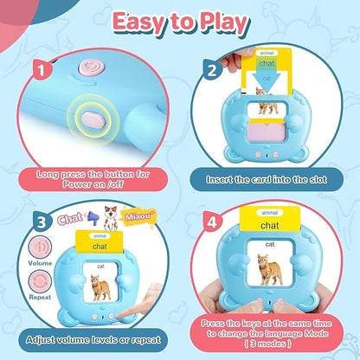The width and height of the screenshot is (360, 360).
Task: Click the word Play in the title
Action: (x=224, y=24)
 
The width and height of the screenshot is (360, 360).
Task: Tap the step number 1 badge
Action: (x=42, y=70)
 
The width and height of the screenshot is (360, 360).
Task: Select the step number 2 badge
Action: (x=212, y=70)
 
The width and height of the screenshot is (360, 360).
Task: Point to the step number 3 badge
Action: (x=42, y=222)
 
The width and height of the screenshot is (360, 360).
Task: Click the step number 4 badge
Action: (x=212, y=222)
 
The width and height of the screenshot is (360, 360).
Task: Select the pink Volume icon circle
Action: (x=40, y=247)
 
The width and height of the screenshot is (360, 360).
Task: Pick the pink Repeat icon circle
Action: (x=40, y=281)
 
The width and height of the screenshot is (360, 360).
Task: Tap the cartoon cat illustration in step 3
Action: (x=111, y=218)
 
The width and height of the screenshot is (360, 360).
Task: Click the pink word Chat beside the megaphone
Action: (x=70, y=219)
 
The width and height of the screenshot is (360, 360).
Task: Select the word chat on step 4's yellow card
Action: (x=270, y=226)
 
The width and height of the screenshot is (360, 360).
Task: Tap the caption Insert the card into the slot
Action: (x=267, y=180)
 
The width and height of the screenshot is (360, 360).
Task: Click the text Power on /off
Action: (x=93, y=184)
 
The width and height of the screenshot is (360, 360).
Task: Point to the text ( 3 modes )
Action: (x=268, y=344)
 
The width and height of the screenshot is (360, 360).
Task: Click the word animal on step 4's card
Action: (x=270, y=213)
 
